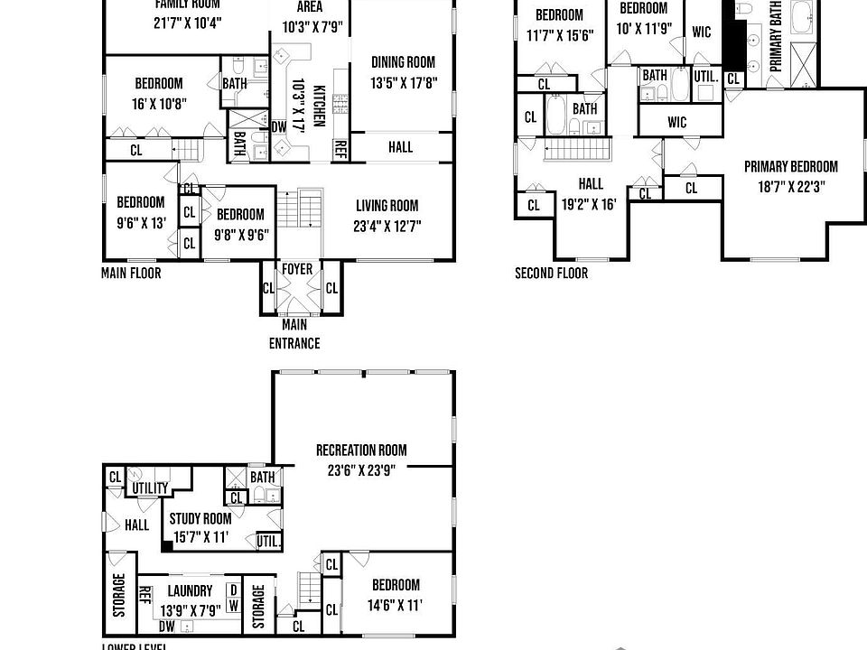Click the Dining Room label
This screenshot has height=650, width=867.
tap(403, 62)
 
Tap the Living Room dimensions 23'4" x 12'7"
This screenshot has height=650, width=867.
tap(387, 226)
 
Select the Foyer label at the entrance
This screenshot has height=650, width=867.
tap(297, 269)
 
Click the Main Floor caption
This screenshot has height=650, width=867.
tap(131, 272)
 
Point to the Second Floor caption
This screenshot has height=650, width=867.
tap(551, 274)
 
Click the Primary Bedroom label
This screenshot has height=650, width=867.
tap(791, 166)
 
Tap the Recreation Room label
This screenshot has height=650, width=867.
tap(361, 450)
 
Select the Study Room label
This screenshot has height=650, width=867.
tap(200, 518)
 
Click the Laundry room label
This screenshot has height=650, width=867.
tap(190, 591)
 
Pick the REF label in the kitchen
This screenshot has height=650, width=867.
tap(340, 148)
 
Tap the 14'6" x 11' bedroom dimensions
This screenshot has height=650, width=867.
tap(395, 604)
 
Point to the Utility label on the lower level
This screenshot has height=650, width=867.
tap(150, 488)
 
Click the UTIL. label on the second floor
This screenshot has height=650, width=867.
tap(706, 77)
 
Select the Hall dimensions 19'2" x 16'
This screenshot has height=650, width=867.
tap(589, 204)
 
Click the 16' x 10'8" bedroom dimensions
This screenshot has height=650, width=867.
tap(159, 103)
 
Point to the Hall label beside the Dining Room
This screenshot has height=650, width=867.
tap(400, 146)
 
